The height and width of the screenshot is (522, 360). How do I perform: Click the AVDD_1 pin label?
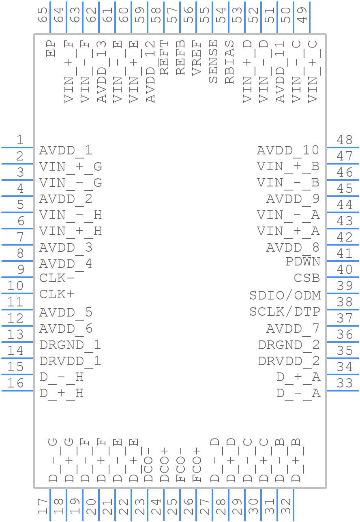(x=66, y=151)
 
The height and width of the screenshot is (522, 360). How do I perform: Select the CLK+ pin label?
(x=57, y=294)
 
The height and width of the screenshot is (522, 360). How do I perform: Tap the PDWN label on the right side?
(x=303, y=261)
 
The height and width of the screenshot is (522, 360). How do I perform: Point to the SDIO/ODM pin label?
(x=285, y=295)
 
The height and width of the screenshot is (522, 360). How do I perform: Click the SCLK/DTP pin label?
(x=285, y=312)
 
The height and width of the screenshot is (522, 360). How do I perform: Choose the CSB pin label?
(x=307, y=278)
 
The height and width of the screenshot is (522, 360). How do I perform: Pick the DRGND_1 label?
(x=70, y=345)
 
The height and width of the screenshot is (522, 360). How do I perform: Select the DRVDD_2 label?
(x=289, y=361)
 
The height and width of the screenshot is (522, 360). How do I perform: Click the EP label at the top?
(x=51, y=48)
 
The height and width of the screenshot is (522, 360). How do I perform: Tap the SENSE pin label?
(x=213, y=61)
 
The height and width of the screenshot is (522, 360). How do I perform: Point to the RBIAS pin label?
(x=229, y=62)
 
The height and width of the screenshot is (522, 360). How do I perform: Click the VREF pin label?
(x=197, y=57)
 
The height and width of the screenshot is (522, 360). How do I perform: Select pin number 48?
(x=345, y=140)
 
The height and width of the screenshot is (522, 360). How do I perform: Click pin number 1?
(x=20, y=140)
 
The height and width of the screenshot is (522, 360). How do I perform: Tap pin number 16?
(x=15, y=383)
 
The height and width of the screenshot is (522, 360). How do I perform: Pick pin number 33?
(x=345, y=383)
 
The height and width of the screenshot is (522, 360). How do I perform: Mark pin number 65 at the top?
(x=42, y=15)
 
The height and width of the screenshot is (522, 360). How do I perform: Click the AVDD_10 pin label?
(x=288, y=151)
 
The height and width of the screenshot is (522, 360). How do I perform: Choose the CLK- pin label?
(x=57, y=278)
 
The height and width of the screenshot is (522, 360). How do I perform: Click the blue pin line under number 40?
(x=343, y=277)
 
